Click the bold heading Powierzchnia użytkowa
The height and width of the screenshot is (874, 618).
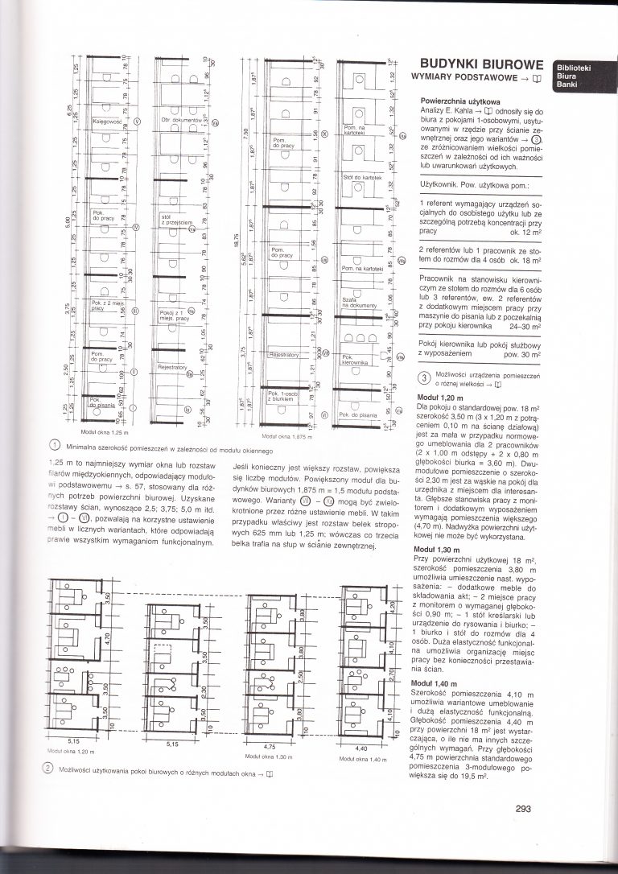click(455, 101)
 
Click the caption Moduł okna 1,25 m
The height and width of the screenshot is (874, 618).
click(105, 433)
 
